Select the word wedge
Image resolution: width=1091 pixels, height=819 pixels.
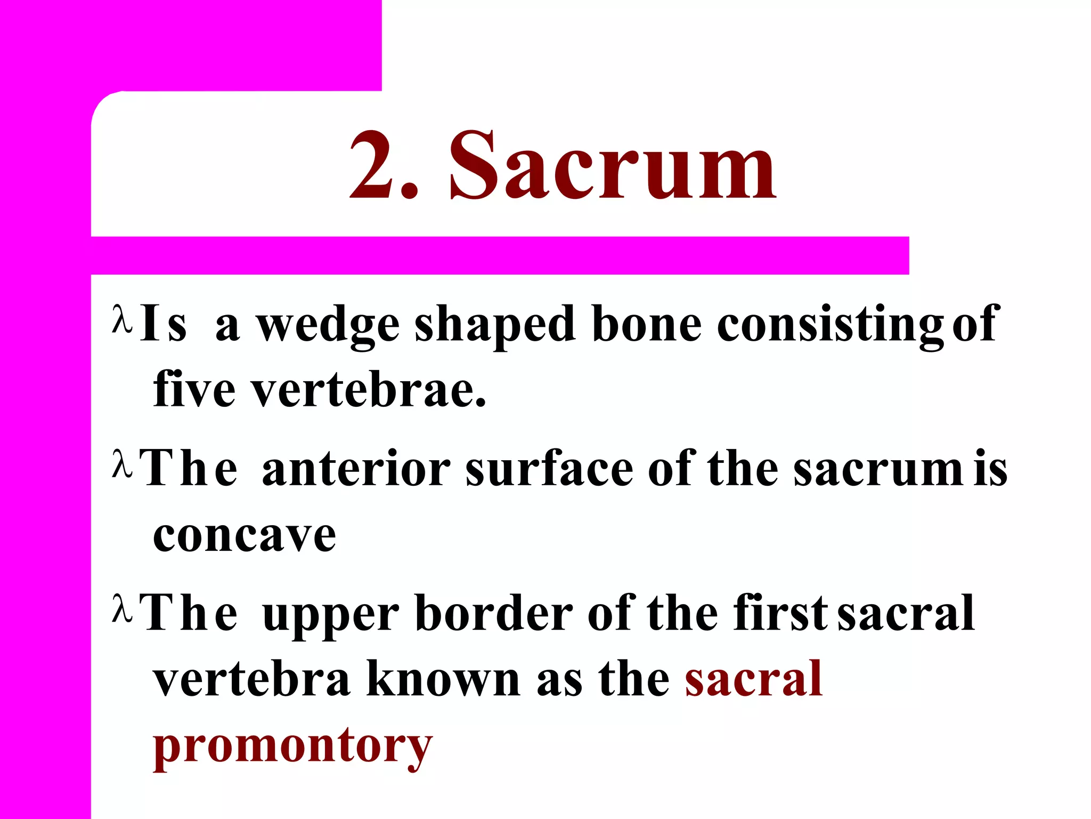click(328, 326)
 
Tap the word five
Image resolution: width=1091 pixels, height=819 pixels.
click(194, 389)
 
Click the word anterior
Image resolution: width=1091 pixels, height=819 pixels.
click(356, 469)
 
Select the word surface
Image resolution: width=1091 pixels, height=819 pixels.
click(549, 469)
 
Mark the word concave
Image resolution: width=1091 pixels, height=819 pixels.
click(245, 536)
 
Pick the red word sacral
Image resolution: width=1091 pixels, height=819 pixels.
click(754, 679)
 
